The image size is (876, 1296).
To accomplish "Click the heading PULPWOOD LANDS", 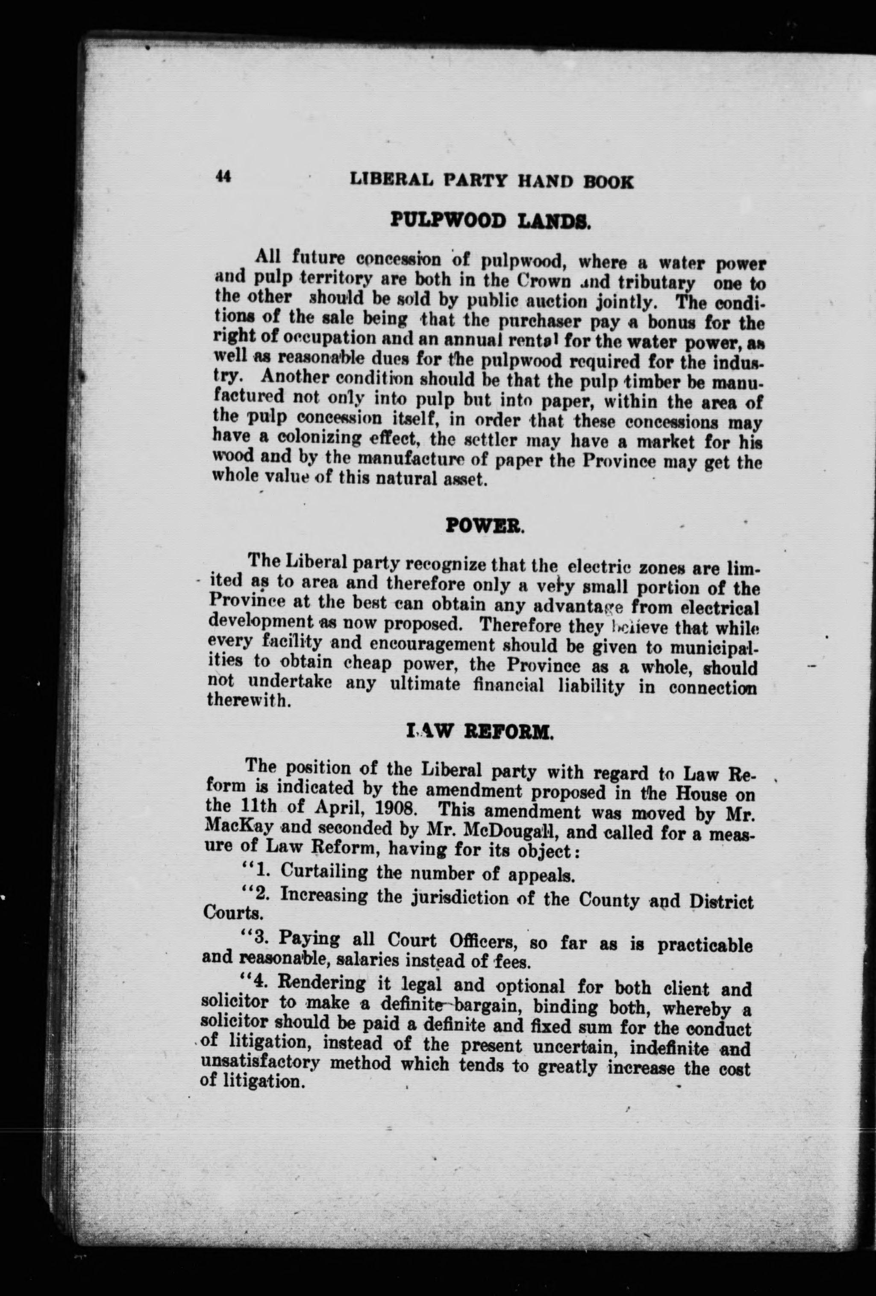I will tap(491, 222).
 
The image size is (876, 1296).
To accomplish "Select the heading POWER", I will tap(485, 526).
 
